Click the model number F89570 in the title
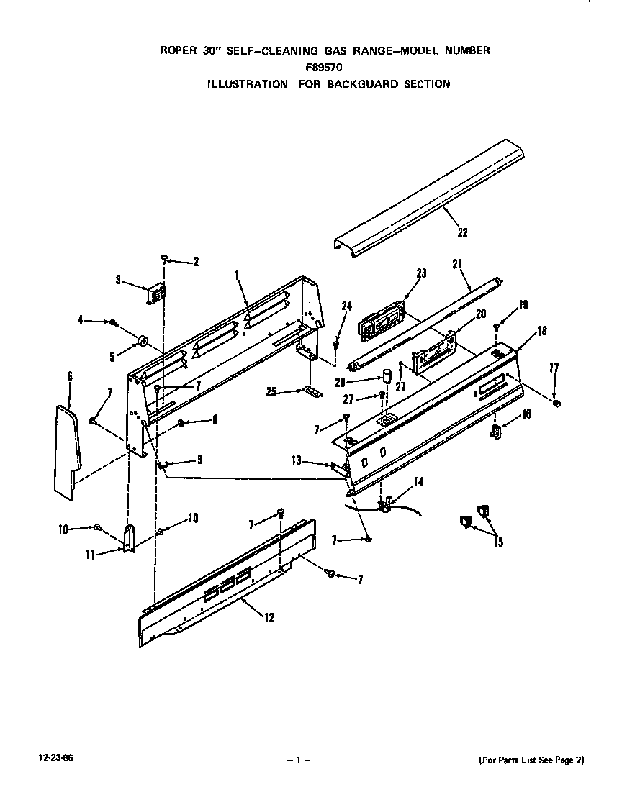pos(324,67)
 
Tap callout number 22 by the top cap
pos(461,232)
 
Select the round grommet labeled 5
pos(141,339)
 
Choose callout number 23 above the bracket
pos(421,273)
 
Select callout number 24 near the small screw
pos(346,306)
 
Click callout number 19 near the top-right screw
pos(523,304)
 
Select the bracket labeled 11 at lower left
pos(128,539)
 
